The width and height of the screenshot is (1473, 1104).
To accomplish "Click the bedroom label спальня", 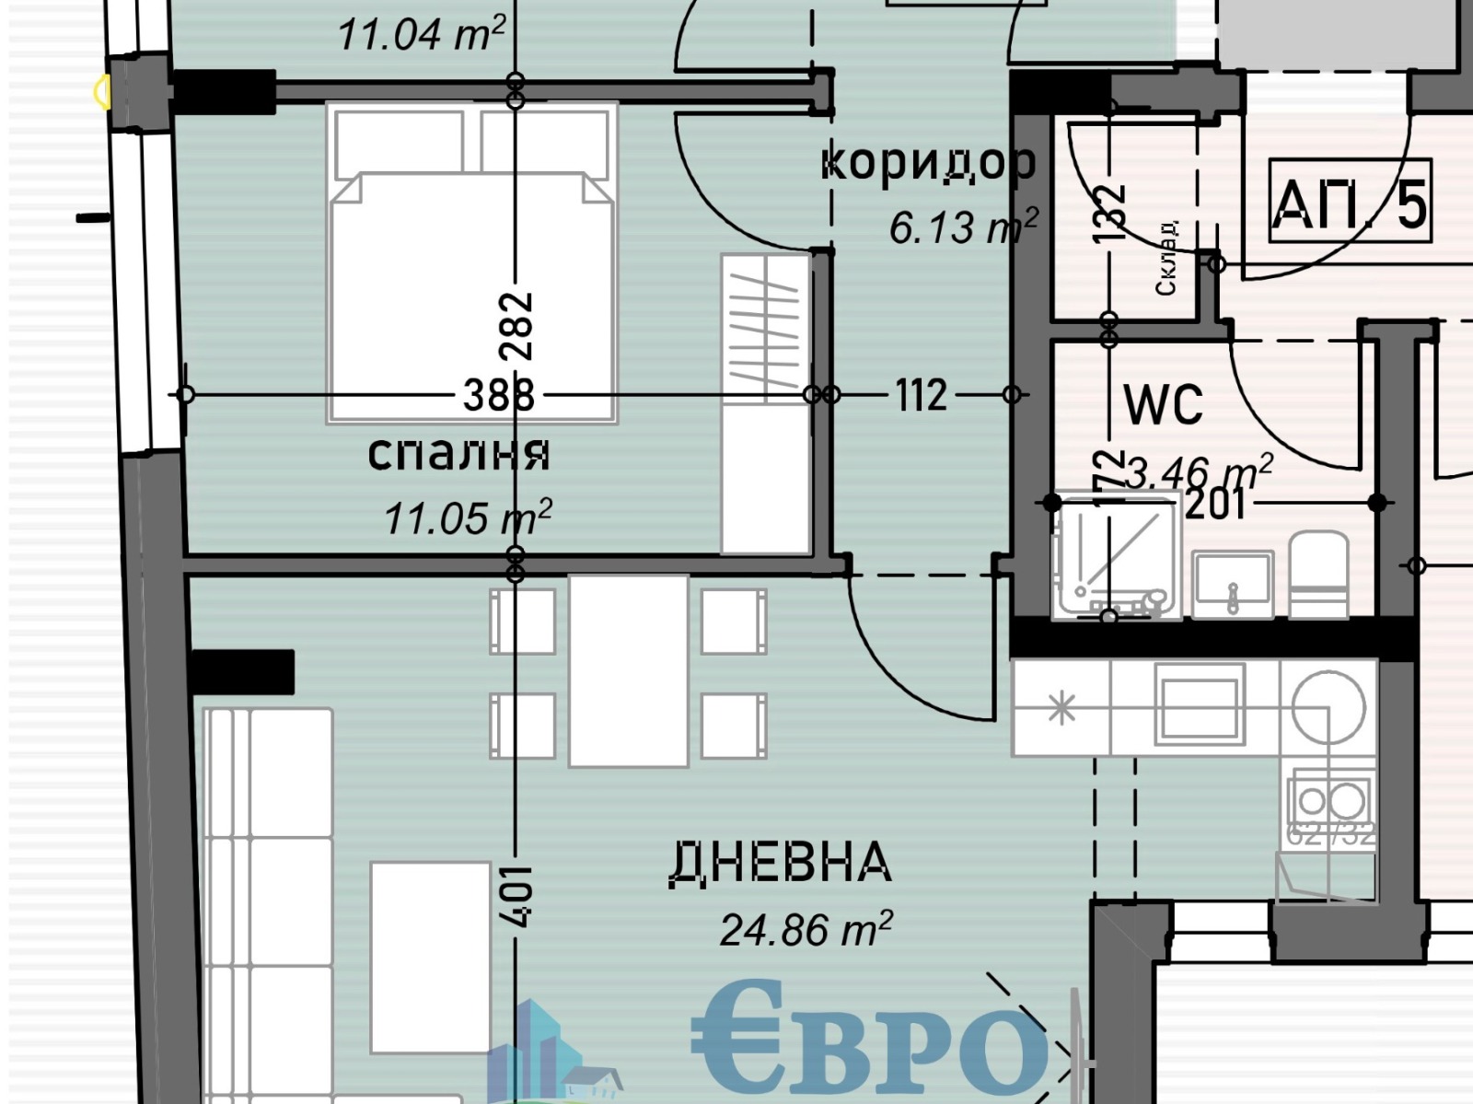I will coord(458,454).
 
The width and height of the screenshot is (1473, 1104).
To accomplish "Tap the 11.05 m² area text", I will coord(468,517).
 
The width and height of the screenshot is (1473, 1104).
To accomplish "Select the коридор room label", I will coord(928,163).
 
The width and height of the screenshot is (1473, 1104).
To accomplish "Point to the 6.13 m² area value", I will coord(963,226).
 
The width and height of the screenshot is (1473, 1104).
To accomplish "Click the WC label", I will coord(1164,403).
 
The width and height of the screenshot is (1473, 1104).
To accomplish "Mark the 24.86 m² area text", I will coord(806,929).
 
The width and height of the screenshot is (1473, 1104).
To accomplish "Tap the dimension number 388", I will coord(498,396).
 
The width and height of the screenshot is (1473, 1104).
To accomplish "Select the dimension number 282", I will coord(516,325).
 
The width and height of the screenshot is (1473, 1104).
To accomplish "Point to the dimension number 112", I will coord(921,396).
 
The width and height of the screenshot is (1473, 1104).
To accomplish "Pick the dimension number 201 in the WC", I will coord(1215,505).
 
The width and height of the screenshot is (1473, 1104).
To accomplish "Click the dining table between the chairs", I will coord(629,670).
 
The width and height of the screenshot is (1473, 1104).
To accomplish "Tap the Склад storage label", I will coord(1166,259).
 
